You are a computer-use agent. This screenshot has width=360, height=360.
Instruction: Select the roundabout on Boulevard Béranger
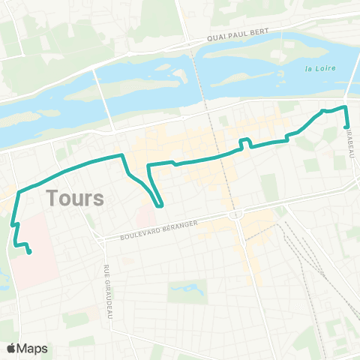[x=236, y=214]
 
